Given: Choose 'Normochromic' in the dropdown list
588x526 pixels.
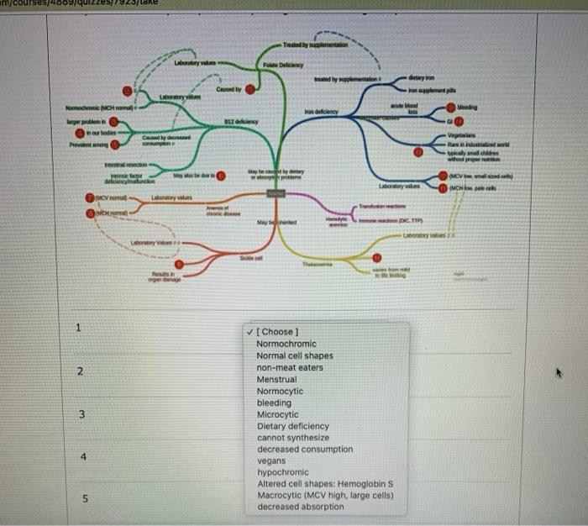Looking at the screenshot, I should (286, 344).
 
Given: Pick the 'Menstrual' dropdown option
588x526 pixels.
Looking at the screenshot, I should (277, 379).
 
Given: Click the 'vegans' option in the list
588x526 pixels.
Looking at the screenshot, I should (271, 460).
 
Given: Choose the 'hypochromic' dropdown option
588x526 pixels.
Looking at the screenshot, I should (282, 472).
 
